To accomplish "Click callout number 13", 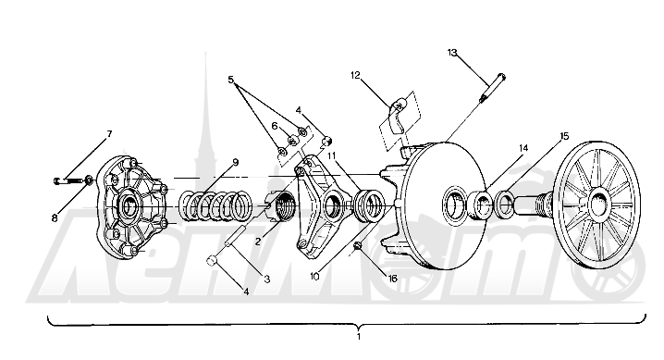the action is [x=452, y=53].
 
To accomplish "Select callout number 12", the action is [x=355, y=75].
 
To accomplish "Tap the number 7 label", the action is [x=109, y=134].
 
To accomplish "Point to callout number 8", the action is [x=55, y=218].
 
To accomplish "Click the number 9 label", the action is [x=236, y=162].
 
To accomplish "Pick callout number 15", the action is [x=564, y=136].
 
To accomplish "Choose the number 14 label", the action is [x=523, y=148].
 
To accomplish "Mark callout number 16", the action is [x=392, y=279].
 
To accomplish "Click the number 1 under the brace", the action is [x=359, y=337].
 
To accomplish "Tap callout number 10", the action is [x=314, y=277].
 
